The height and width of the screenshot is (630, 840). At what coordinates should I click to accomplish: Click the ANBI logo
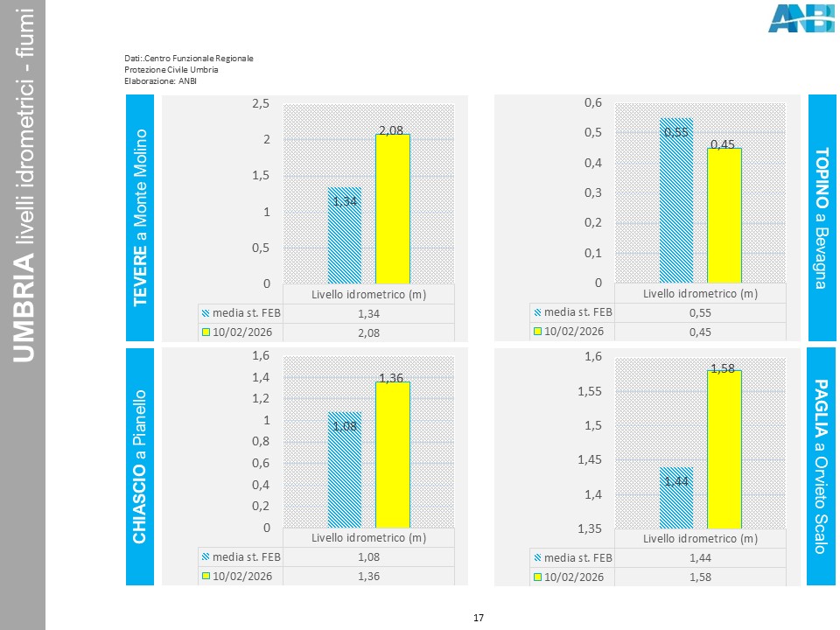801,18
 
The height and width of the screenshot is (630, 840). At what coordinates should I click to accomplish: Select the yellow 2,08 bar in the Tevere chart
393,209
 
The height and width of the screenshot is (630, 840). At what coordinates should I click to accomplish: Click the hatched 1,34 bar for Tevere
345,235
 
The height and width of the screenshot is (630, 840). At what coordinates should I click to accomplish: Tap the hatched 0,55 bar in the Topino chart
676,200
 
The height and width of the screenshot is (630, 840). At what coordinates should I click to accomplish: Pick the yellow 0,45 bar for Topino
724,215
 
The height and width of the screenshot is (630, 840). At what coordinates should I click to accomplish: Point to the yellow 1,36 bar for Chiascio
393,454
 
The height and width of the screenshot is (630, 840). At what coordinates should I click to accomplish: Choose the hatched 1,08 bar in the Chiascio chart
345,469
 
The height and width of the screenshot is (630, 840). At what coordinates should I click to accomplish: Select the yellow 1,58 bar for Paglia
724,449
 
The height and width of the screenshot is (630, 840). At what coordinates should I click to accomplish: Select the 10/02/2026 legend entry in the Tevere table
239,332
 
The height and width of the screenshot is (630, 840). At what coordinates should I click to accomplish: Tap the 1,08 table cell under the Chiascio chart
368,556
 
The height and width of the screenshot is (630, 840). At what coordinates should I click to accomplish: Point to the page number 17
479,619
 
